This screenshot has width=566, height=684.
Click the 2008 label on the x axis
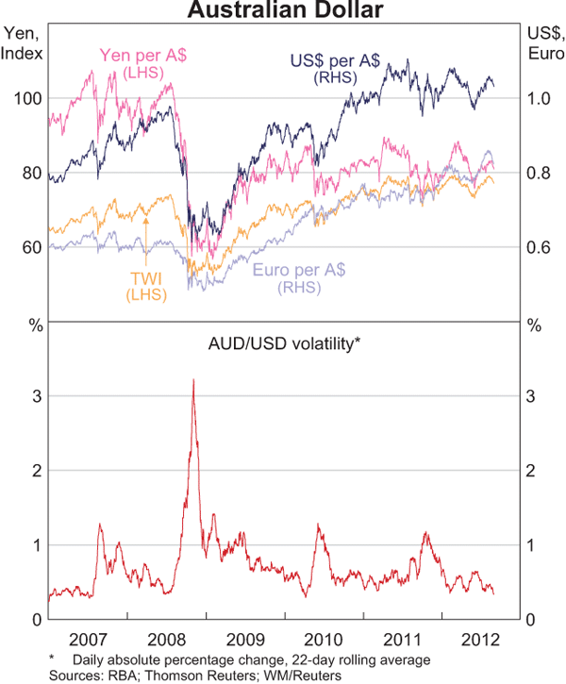(x=169, y=637)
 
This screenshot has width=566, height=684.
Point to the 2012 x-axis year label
(x=484, y=637)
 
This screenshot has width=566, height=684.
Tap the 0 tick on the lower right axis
(x=532, y=620)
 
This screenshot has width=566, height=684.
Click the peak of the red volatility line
(x=193, y=379)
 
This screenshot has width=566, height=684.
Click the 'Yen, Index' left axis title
(x=23, y=43)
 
